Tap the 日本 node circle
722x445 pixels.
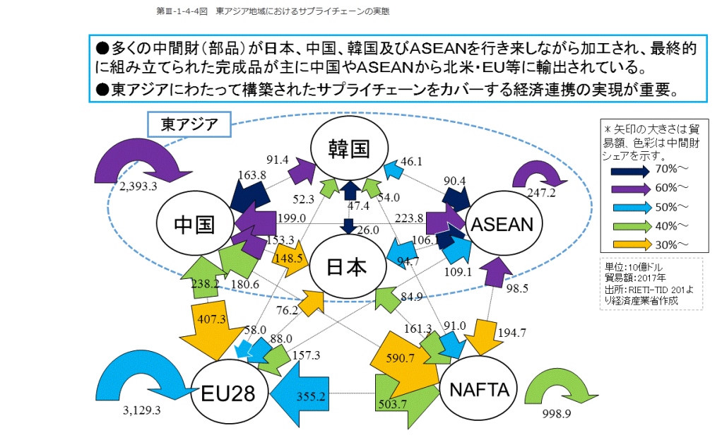[x=347, y=266]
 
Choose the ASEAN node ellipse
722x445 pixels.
[x=502, y=224]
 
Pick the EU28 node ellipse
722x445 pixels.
[x=229, y=393]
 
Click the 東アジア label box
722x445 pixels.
[x=189, y=125]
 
